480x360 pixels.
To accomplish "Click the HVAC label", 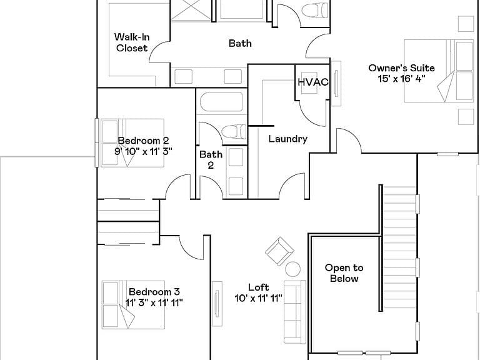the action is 313,82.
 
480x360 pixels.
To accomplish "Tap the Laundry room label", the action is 287,139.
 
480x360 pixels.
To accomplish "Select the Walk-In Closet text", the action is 132,42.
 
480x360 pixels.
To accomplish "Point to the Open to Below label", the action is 344,273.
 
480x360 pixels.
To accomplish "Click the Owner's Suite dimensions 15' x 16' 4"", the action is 401,79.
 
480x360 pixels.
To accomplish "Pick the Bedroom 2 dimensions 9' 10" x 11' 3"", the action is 143,151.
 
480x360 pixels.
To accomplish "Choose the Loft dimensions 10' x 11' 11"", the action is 258,298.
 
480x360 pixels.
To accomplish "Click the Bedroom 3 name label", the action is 154,291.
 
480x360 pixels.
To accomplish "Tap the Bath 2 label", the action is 211,159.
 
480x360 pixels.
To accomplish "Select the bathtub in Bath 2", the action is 222,102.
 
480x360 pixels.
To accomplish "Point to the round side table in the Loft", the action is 293,269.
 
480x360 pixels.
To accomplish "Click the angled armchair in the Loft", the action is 279,251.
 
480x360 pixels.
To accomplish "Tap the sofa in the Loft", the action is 295,312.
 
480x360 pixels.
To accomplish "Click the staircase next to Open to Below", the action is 399,247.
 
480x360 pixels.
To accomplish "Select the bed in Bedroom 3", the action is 134,305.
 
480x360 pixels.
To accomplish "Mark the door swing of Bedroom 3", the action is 191,248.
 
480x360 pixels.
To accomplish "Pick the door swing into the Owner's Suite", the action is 349,141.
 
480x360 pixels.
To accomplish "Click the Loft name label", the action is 258,287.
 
